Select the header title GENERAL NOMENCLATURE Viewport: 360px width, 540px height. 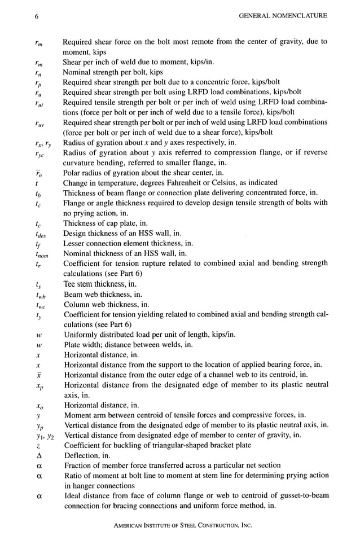[283, 16]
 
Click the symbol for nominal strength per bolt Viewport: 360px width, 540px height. [37, 73]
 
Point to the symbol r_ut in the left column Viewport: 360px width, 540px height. [38, 103]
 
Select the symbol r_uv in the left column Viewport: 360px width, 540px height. [38, 124]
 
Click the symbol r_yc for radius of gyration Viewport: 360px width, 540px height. [38, 154]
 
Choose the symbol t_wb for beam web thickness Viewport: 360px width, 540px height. [39, 295]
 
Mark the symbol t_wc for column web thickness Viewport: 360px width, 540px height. [39, 305]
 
